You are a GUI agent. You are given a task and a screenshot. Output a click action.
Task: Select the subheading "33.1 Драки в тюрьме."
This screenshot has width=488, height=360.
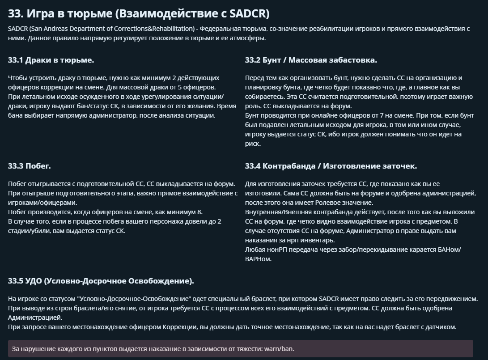51,60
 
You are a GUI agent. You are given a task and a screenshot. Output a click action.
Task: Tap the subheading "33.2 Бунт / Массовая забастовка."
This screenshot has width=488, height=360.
311,60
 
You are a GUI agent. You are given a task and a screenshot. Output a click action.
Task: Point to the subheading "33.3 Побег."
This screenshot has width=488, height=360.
30,166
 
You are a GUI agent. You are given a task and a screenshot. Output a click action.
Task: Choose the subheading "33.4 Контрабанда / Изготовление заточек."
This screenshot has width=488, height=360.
331,166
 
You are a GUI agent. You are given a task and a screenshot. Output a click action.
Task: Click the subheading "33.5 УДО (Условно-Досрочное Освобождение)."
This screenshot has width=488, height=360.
101,281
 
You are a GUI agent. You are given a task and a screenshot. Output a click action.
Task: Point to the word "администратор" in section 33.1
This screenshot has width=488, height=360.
114,115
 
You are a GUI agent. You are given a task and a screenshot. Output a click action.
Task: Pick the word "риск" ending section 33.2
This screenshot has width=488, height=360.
253,144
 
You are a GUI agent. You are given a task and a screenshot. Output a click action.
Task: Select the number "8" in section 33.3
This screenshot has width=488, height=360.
200,212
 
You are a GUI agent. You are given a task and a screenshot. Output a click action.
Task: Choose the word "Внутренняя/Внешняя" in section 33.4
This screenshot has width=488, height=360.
274,212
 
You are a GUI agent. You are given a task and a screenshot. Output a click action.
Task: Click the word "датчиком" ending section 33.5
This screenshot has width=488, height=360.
442,327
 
